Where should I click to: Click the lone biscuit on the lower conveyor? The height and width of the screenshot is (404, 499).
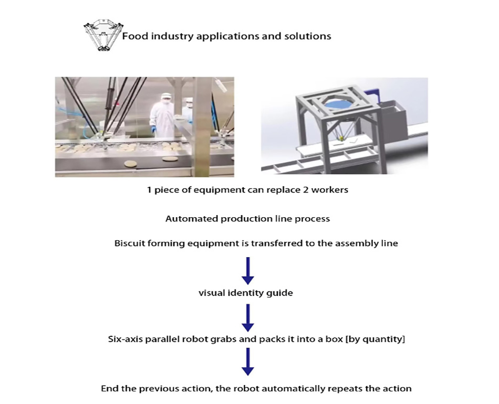(x=129, y=165)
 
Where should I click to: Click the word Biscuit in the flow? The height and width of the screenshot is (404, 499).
(x=129, y=243)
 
